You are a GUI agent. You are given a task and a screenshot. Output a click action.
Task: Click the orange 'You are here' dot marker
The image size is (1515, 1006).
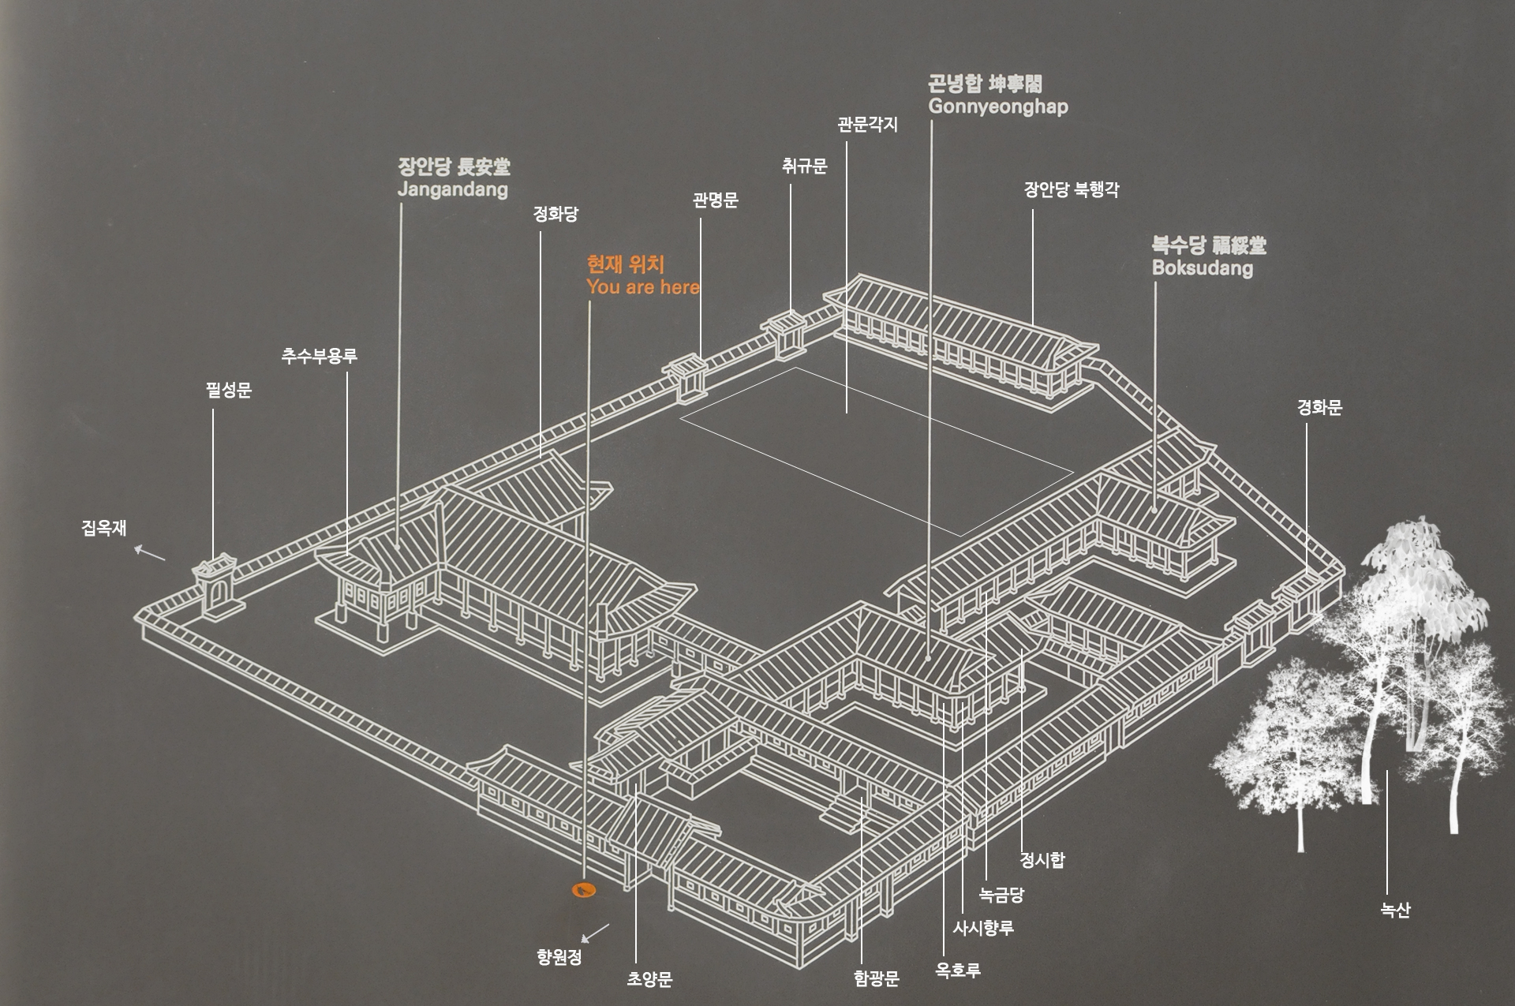584,891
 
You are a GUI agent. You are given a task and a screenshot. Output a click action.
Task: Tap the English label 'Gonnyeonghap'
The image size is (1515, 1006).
998,107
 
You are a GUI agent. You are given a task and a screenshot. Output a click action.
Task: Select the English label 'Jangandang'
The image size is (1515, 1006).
452,189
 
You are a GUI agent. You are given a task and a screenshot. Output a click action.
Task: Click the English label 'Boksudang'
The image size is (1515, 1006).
1202,267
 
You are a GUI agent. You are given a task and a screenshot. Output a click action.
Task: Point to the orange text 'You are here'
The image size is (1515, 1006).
642,287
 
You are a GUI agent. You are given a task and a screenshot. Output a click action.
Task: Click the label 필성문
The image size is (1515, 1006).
228,391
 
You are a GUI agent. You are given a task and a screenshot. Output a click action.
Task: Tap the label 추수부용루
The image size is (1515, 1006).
320,356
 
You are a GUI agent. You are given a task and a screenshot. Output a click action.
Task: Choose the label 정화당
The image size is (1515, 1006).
555,214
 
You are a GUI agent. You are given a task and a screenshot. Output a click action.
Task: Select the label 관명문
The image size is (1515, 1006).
715,200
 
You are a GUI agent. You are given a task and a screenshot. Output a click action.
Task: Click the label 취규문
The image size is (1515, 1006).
804,166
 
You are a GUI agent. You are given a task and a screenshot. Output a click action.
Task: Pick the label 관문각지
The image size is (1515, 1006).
867,125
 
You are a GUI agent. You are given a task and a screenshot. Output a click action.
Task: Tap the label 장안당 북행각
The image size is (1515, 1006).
1071,190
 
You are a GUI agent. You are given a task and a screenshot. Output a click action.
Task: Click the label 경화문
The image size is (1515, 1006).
1319,408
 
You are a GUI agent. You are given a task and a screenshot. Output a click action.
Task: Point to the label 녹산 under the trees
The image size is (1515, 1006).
1395,911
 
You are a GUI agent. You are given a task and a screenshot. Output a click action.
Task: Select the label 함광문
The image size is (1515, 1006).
876,979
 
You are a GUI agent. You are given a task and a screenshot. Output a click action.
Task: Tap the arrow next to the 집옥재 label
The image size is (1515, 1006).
149,553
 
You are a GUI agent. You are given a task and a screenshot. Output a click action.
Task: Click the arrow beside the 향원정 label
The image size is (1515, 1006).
595,933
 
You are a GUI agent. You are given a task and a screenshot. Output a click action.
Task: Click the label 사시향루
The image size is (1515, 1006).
982,929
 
